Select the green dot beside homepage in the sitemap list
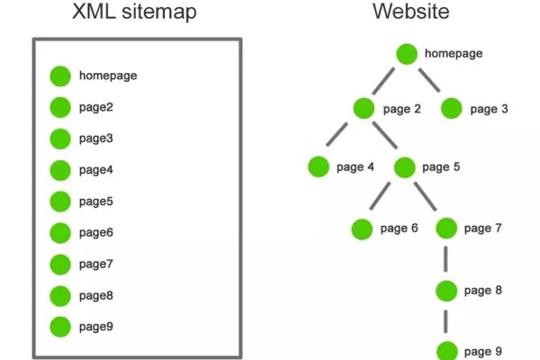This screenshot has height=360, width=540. tap(60, 76)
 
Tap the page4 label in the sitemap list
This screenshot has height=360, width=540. tap(95, 170)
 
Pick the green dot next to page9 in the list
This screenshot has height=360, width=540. tap(60, 327)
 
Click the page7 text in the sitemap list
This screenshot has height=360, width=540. tap(95, 264)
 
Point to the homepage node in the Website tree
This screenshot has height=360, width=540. tap(408, 54)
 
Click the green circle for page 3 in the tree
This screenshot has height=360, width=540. tap(452, 109)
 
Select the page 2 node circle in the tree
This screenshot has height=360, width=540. tap(364, 109)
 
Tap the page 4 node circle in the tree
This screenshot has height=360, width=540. tap(318, 166)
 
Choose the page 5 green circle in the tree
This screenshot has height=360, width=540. tap(404, 166)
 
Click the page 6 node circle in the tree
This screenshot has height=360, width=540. tap(362, 229)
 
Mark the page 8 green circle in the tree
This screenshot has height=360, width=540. tap(447, 291)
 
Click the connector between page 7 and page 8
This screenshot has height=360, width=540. tap(447, 259)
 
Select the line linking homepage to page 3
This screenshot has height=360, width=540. tap(430, 81)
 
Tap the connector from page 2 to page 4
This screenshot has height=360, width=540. tap(340, 138)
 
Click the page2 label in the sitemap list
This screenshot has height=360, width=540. tap(95, 107)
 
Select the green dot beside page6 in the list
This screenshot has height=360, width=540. tap(60, 232)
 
